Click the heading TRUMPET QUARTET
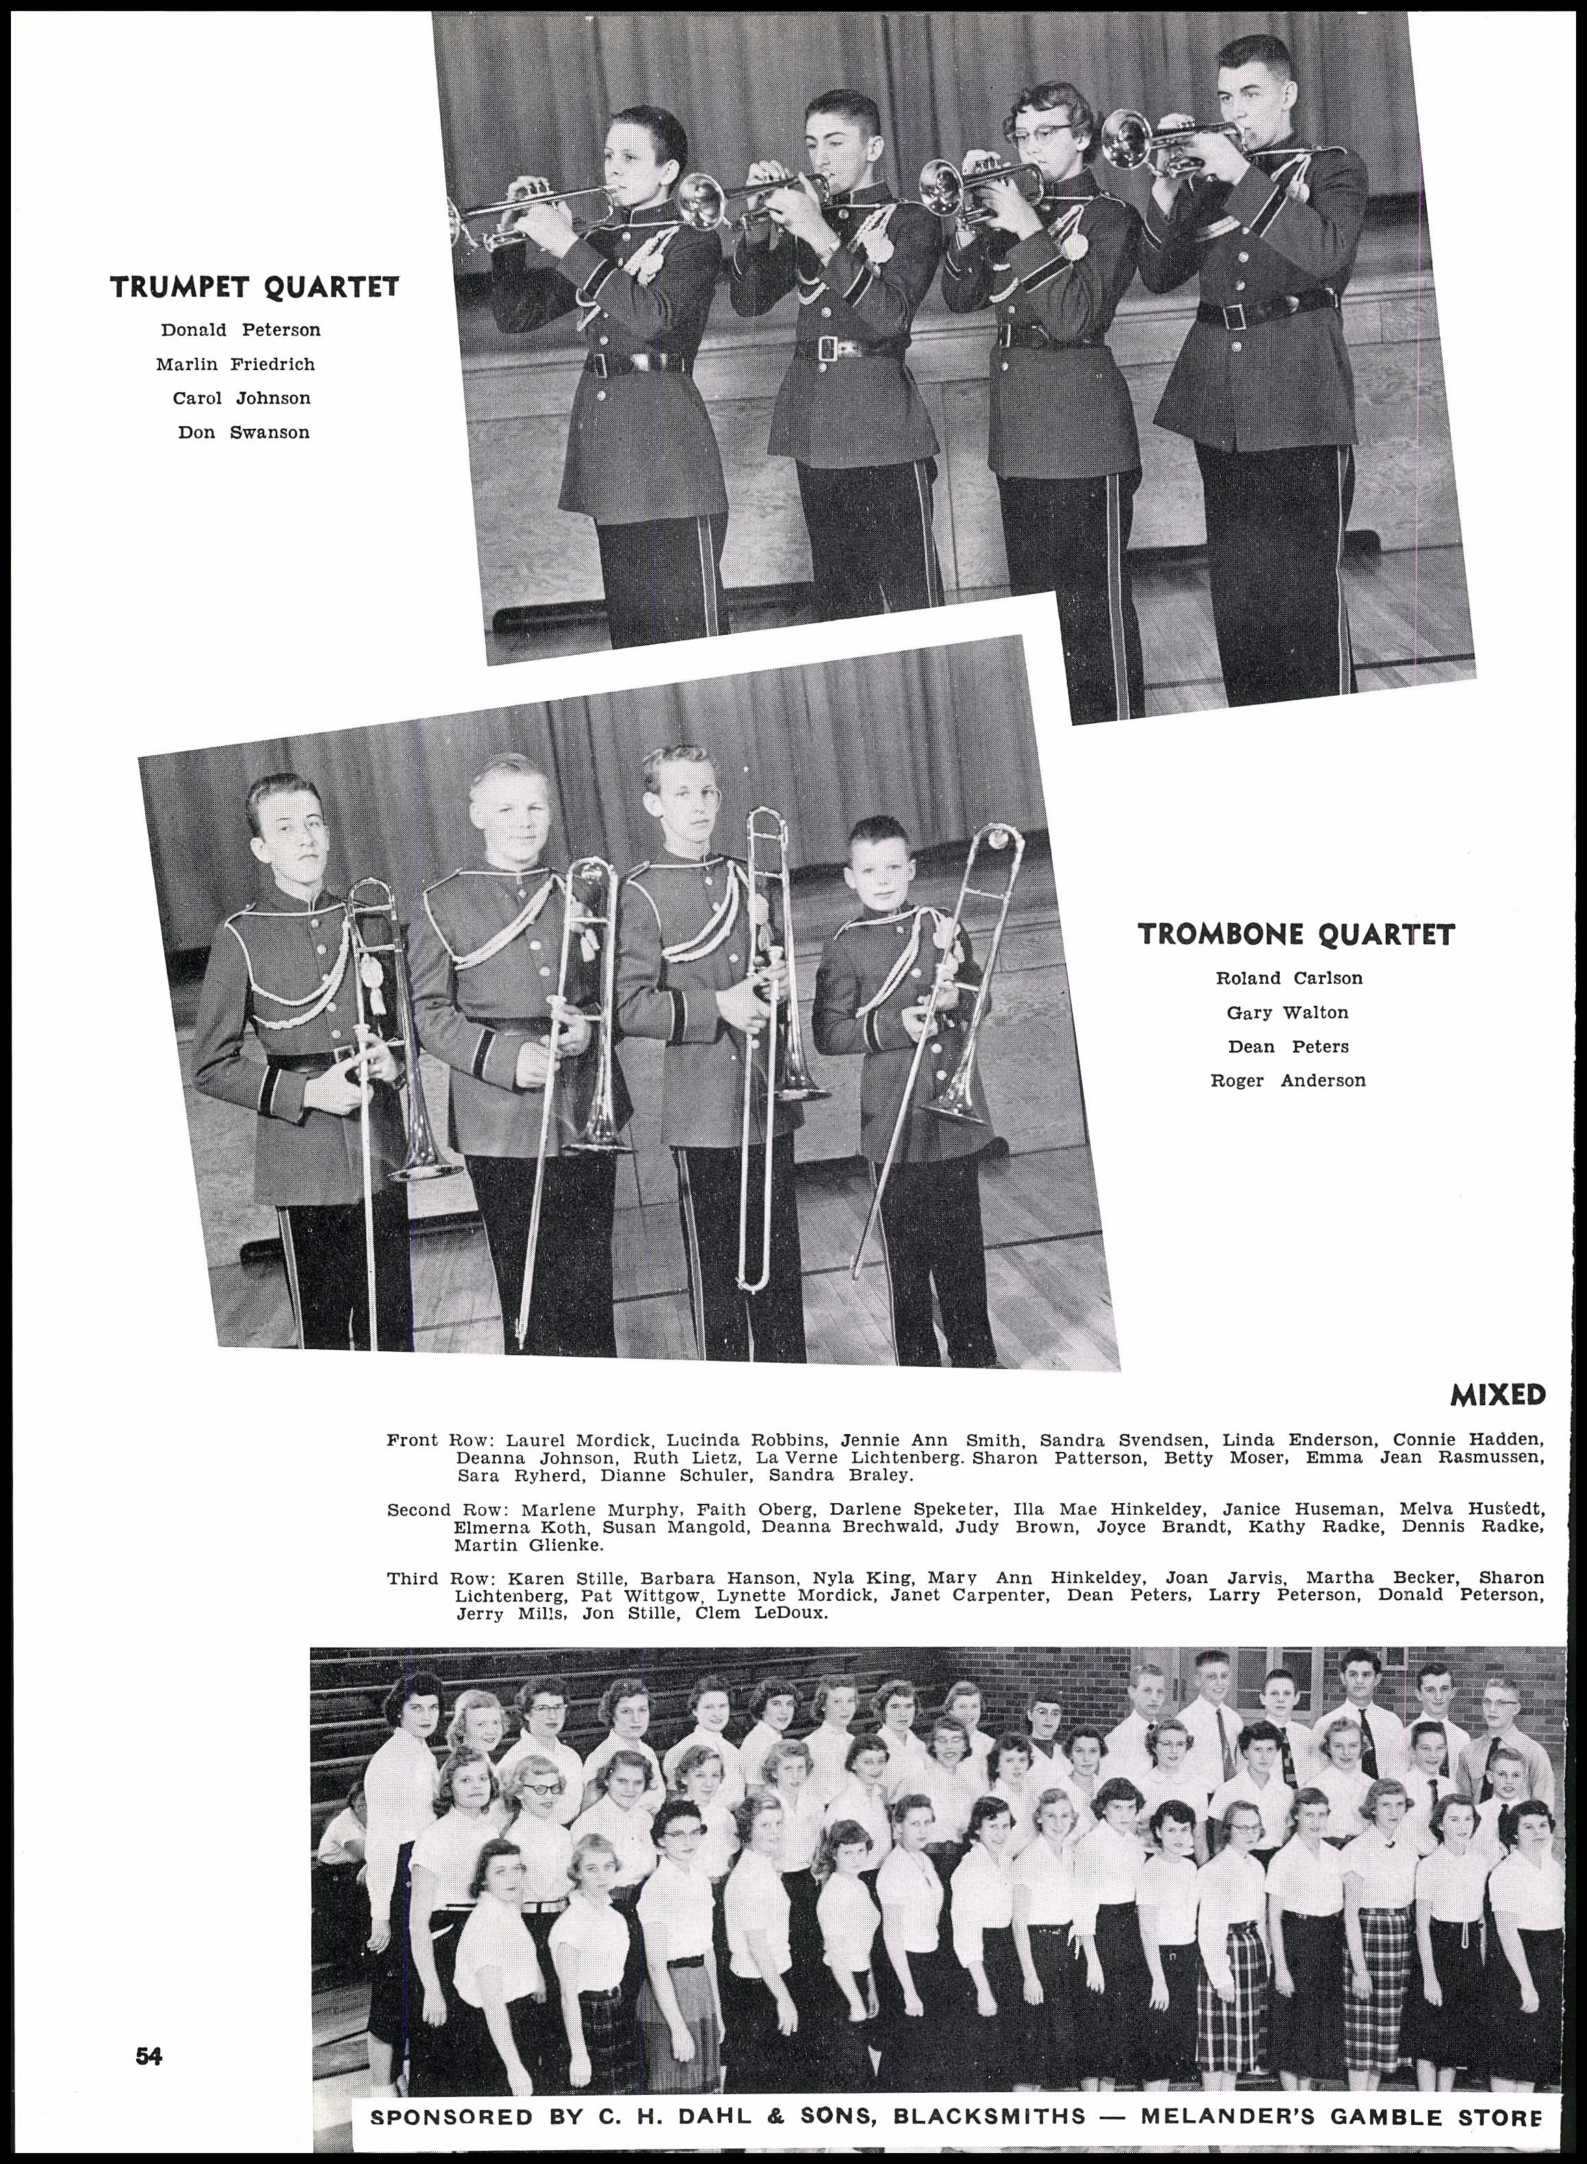click(x=255, y=287)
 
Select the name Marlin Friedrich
click(x=235, y=364)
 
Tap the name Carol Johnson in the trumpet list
click(x=241, y=397)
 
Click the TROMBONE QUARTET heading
click(x=1296, y=935)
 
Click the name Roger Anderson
click(x=1287, y=1080)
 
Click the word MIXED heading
click(x=1497, y=1394)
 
